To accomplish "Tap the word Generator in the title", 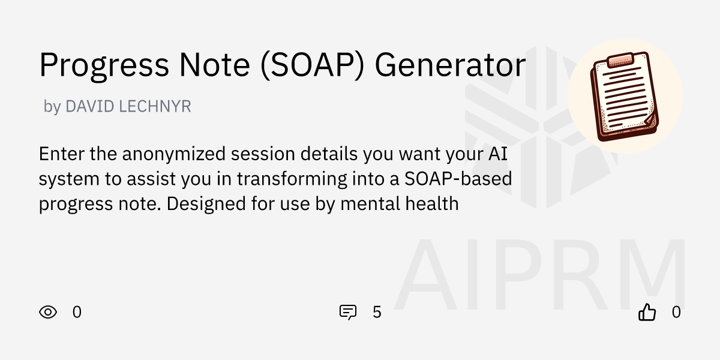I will pyautogui.click(x=450, y=65).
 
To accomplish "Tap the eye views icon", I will pyautogui.click(x=48, y=312).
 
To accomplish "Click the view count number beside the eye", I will pyautogui.click(x=77, y=312).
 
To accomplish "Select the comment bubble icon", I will pyautogui.click(x=348, y=312).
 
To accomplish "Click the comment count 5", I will pyautogui.click(x=377, y=312).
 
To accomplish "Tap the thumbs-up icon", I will pyautogui.click(x=647, y=312).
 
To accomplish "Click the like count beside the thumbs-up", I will pyautogui.click(x=676, y=312).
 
